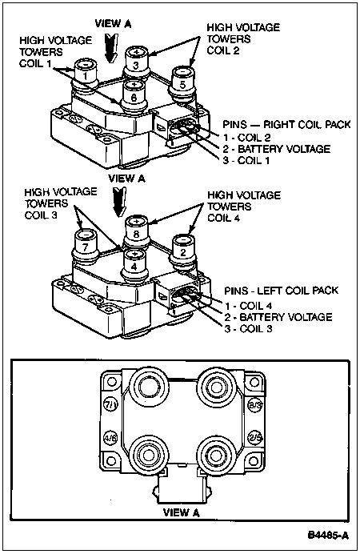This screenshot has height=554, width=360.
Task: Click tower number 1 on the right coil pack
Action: coord(85,76)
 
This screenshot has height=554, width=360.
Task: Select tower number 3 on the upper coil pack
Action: coord(137,62)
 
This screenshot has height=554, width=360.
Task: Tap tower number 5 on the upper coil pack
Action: coord(182,82)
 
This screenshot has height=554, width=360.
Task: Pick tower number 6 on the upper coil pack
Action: coord(134,95)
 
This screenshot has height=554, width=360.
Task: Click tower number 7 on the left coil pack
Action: coord(85,246)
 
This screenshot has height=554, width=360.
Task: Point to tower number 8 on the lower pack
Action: coord(137,231)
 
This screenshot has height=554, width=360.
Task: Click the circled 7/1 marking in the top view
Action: coord(110,404)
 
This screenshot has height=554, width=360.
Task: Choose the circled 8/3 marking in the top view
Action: coord(255,405)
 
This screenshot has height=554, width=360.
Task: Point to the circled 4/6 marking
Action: coord(110,438)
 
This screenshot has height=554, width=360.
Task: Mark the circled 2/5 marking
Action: coord(255,437)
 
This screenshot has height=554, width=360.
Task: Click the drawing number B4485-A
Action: coord(328,535)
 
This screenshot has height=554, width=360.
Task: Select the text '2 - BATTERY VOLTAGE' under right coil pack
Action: coord(276,149)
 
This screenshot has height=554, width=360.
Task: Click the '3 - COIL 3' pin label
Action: coord(248,328)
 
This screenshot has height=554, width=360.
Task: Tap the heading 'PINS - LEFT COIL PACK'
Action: coord(282,291)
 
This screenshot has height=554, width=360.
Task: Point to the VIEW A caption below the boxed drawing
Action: coord(181,512)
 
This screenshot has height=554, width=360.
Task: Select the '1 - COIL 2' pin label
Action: coord(246,137)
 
